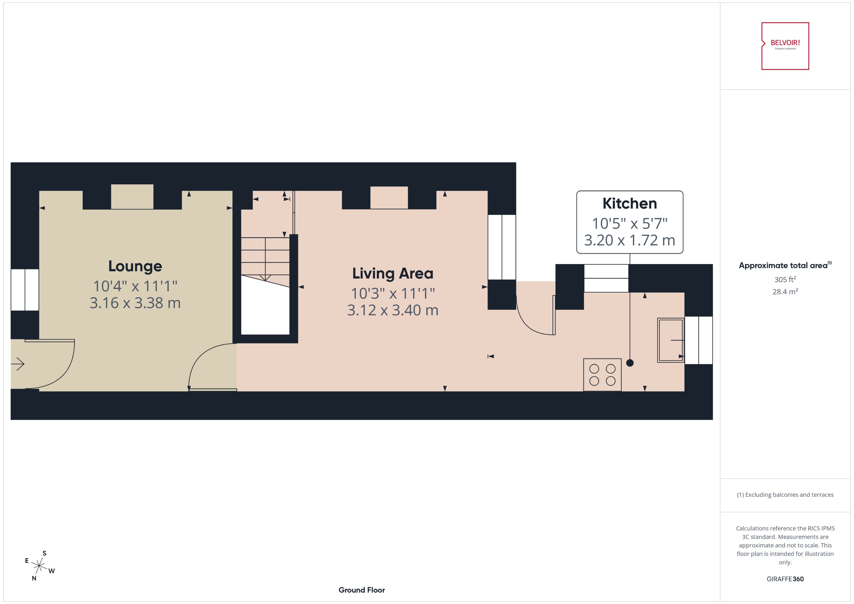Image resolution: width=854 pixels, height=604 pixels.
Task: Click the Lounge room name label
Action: click(135, 266)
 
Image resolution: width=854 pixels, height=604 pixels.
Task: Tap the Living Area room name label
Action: click(393, 274)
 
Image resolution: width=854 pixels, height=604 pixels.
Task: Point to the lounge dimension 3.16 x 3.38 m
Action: click(135, 303)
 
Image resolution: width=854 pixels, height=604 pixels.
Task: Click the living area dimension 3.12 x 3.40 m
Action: click(393, 310)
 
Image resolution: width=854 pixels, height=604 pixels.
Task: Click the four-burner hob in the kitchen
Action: click(602, 374)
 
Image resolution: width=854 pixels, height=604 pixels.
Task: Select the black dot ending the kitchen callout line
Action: click(630, 363)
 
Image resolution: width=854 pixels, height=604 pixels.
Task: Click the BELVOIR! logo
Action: click(785, 46)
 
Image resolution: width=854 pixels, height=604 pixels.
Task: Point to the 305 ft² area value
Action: click(785, 279)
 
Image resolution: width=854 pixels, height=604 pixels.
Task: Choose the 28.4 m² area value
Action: click(785, 292)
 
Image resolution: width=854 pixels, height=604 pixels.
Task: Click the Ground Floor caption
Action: click(361, 590)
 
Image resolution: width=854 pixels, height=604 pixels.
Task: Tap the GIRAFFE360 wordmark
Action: click(785, 579)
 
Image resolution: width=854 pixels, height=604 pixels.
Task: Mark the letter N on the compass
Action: click(34, 578)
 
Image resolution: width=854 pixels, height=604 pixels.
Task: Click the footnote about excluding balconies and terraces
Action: click(785, 495)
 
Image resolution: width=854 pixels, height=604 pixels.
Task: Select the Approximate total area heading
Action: click(784, 265)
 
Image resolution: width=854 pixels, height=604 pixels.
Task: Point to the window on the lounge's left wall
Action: click(24, 290)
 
